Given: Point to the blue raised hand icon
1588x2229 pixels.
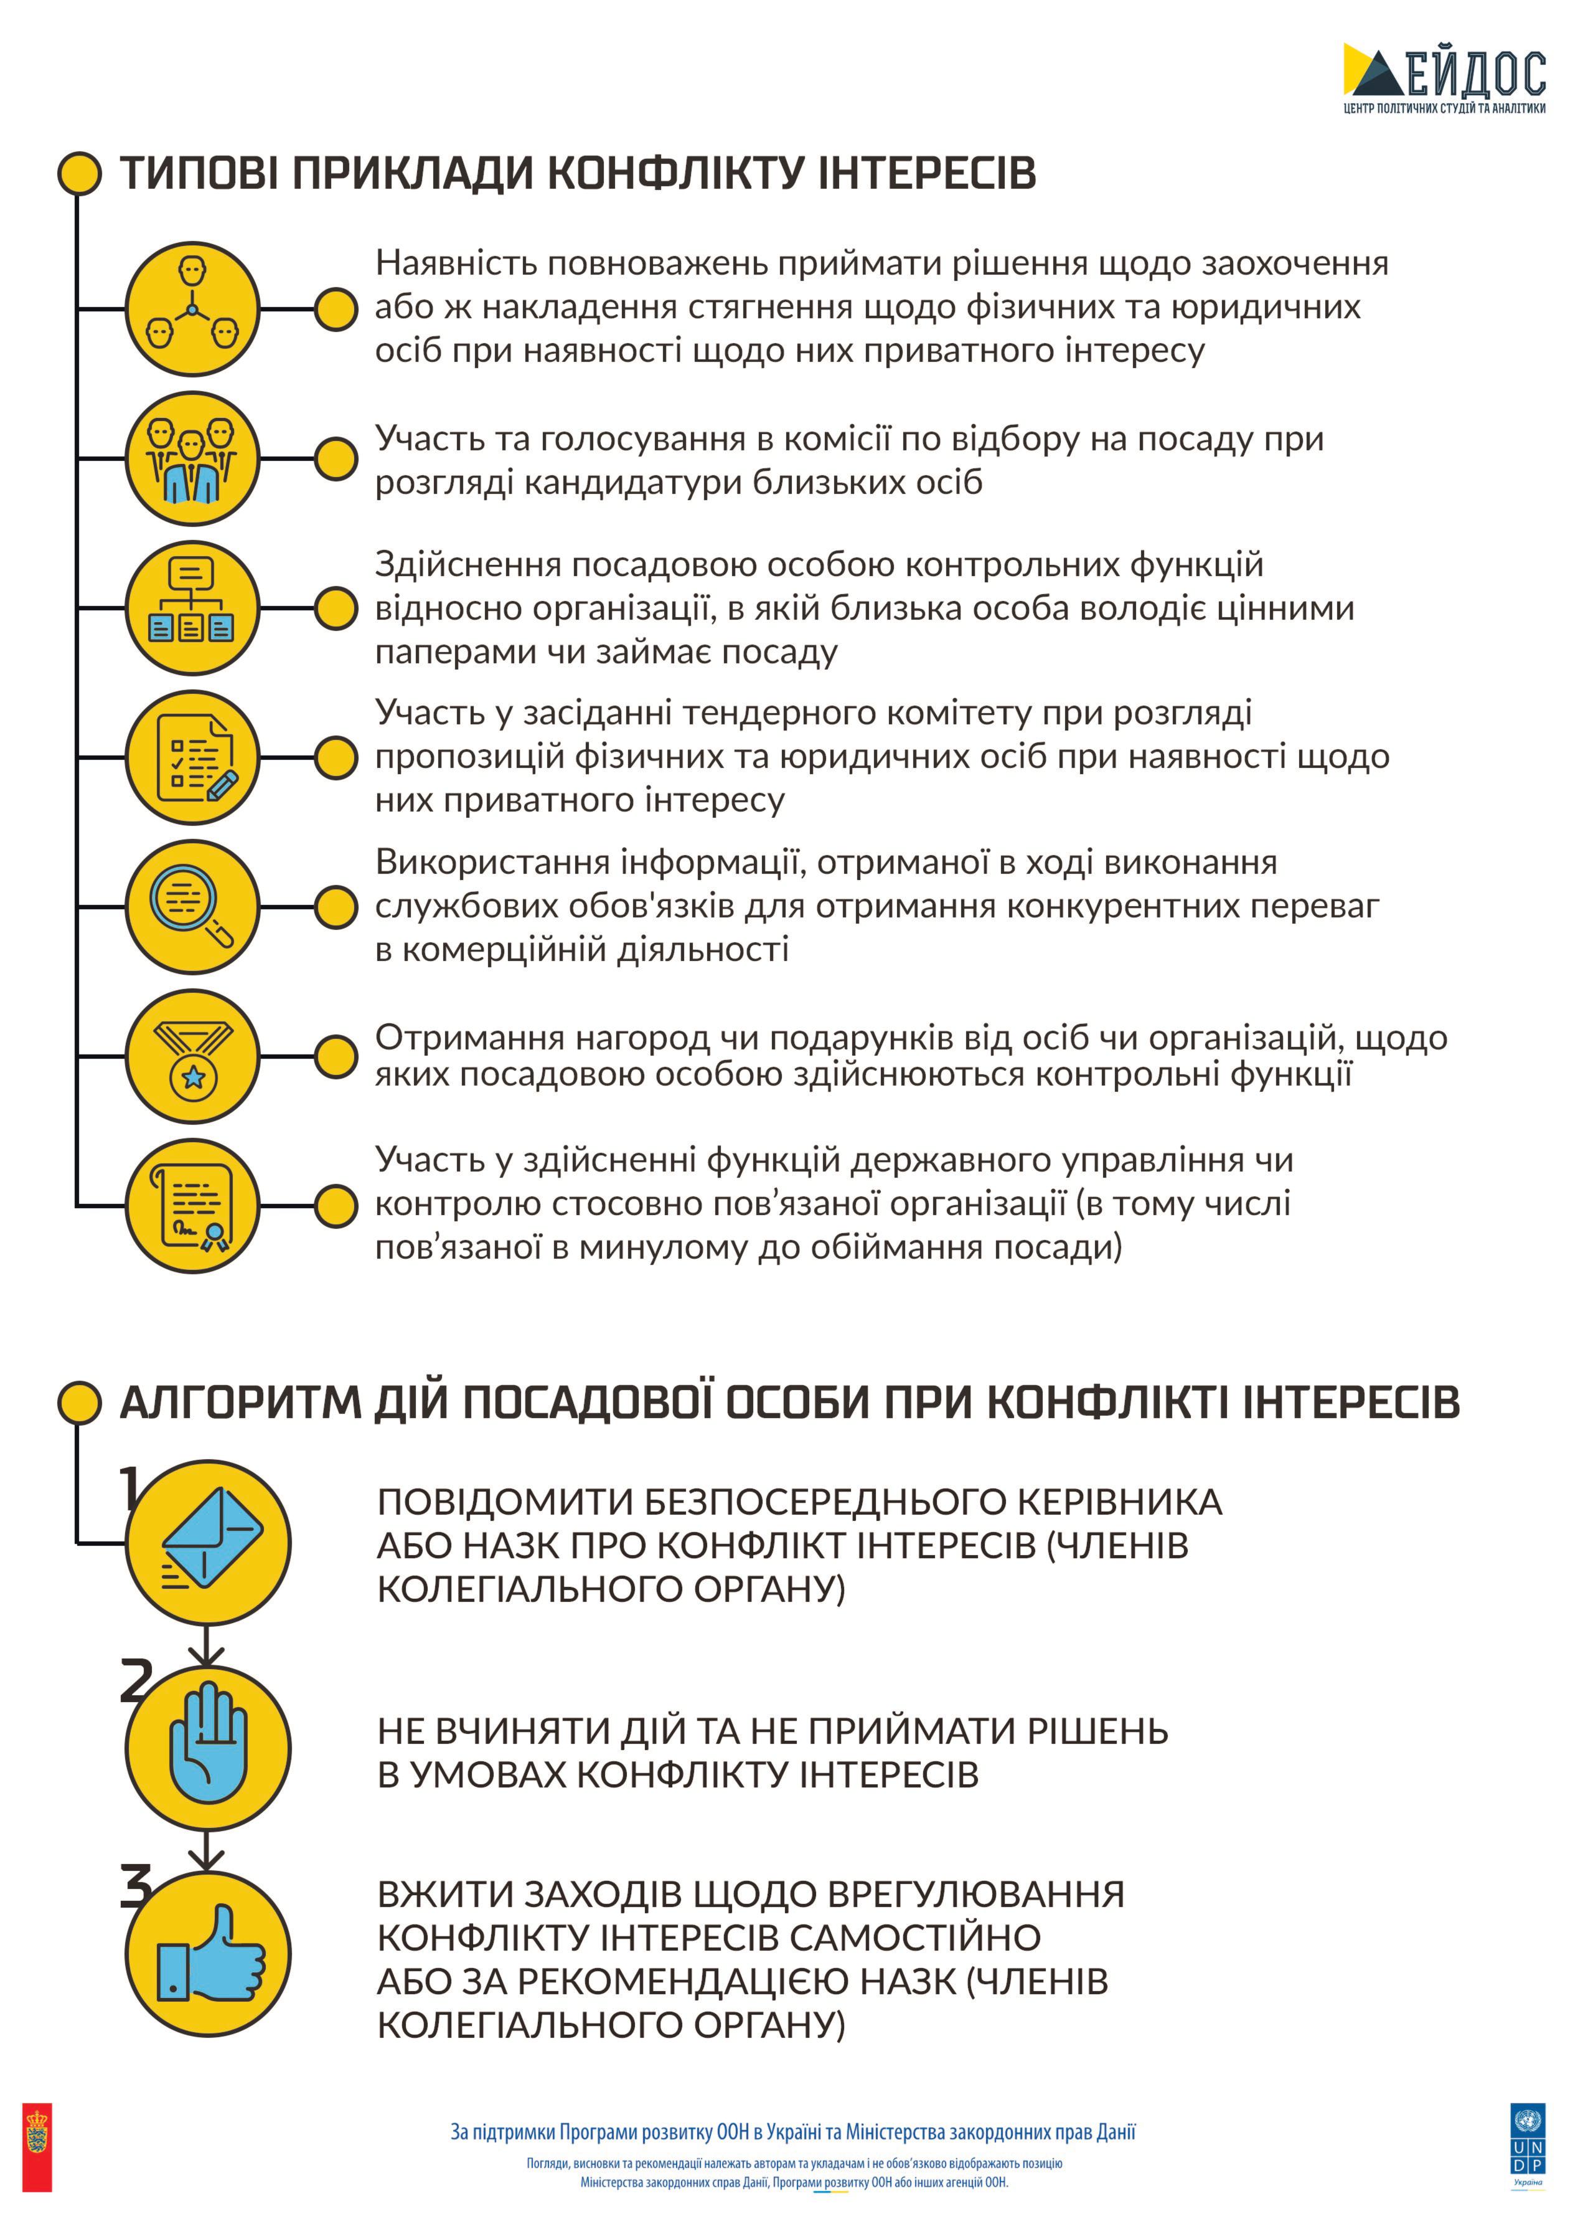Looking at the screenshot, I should click(209, 1748).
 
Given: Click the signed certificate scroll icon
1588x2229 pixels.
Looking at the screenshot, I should click(192, 1206).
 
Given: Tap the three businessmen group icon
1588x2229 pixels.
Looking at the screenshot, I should click(192, 458).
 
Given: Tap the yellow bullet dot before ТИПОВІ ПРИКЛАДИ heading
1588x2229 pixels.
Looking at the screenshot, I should click(79, 173).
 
